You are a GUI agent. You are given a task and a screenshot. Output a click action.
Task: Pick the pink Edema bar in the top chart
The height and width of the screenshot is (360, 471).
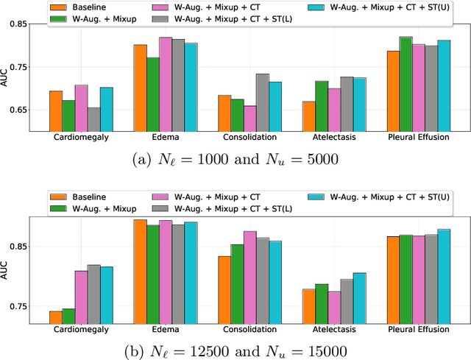(166, 84)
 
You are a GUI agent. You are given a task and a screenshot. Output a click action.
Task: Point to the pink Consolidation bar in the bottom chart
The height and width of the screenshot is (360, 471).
(250, 277)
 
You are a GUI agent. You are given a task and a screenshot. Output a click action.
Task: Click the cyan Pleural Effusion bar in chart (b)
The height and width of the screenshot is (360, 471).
(444, 276)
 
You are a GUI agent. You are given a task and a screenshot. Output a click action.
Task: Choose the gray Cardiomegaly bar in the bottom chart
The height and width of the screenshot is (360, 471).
(94, 294)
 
